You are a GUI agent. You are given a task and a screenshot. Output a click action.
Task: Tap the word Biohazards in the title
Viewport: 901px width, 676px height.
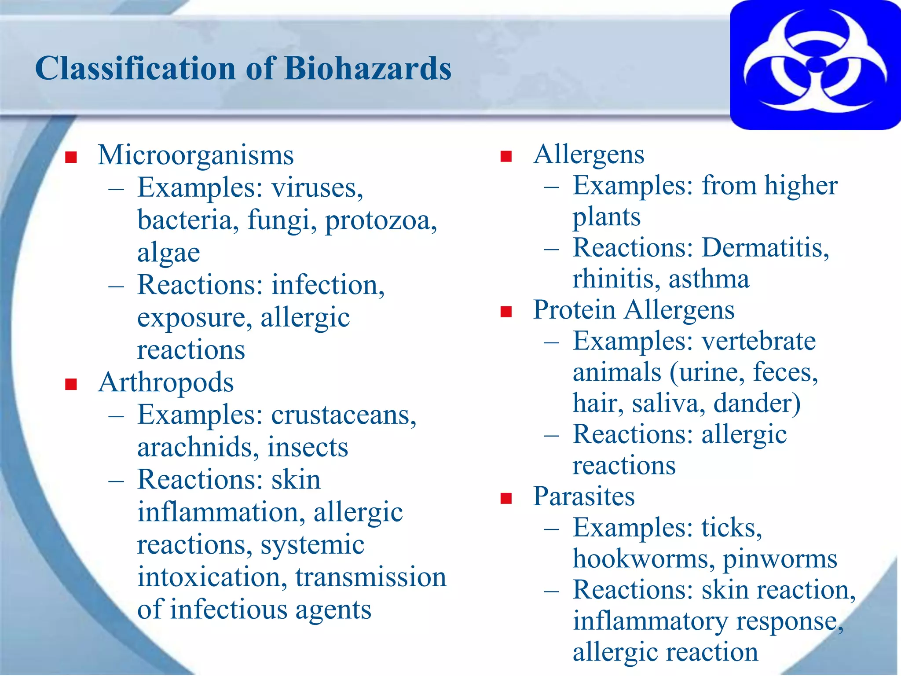pos(368,69)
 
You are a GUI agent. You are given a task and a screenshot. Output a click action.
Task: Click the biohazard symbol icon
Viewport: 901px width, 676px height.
pos(815,65)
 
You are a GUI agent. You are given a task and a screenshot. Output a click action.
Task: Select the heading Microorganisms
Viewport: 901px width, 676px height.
pos(196,155)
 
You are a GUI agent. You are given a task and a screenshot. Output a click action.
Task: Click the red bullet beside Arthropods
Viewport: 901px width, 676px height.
pos(71,384)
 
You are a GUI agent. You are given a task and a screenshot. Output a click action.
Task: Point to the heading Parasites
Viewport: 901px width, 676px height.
pos(584,496)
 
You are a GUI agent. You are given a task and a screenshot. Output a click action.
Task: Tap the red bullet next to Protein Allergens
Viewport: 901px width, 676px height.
pos(506,312)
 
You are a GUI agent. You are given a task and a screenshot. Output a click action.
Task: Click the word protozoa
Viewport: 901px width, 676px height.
pos(381,220)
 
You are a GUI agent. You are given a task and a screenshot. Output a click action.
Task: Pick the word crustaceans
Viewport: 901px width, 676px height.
pos(344,415)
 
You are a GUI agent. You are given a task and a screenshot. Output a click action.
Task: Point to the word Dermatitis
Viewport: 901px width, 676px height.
pos(765,247)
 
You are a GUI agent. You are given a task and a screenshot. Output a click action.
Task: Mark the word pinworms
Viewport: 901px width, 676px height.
pos(780,560)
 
